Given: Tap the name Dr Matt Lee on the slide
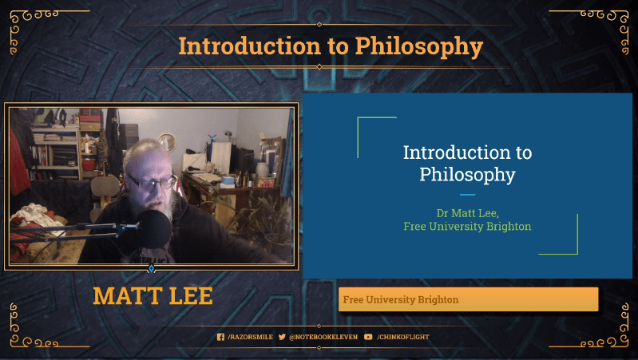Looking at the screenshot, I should coord(467,213).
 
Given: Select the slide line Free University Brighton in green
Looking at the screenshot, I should coord(467,226).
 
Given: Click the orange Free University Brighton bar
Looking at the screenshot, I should coord(468,299).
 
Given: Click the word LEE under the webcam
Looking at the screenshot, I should coord(189,296).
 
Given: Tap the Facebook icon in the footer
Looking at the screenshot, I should coord(221,337).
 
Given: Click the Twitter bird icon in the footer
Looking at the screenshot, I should coord(282,337).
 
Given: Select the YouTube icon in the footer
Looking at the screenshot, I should coord(368,337).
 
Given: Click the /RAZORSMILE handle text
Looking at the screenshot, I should coord(250,337).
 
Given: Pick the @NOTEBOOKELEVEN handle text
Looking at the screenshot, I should coord(323,337).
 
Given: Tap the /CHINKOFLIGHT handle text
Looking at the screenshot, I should coord(402,337).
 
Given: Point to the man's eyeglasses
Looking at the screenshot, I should coord(152,181).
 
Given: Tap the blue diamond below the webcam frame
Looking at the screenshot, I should coord(152,269).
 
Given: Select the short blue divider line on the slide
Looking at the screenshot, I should coord(467,194).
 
